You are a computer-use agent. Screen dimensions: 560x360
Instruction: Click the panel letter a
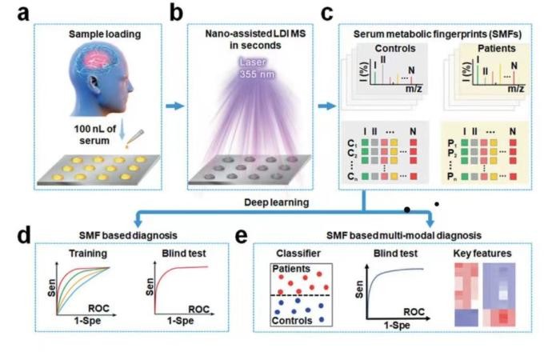coord(23,14)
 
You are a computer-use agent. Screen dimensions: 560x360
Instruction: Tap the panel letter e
coord(242,236)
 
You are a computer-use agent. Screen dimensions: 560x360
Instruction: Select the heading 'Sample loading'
coord(105,34)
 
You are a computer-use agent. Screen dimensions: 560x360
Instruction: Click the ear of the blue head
coord(94,84)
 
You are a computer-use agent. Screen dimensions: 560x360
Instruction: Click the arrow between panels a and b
coord(175,106)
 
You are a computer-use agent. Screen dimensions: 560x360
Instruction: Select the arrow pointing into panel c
coord(326,106)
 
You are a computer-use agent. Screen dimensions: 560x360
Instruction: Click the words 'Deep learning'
coord(277,202)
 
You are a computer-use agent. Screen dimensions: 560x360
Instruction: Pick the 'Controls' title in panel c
coord(395,49)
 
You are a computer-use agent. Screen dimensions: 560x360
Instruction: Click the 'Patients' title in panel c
coord(497,49)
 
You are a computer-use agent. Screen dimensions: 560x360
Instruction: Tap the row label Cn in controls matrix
coord(352,176)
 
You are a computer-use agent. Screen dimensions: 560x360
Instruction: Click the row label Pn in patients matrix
coord(452,176)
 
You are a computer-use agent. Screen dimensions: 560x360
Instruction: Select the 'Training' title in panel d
coord(88,254)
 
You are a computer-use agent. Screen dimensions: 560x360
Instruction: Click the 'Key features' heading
coord(482,254)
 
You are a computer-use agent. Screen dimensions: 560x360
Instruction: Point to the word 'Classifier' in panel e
coord(298,254)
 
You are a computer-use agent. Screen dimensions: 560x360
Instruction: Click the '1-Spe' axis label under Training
coord(87,321)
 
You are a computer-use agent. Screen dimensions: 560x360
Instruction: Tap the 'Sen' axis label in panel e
coord(359,290)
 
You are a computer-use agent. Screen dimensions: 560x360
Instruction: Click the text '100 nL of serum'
coord(94,134)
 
